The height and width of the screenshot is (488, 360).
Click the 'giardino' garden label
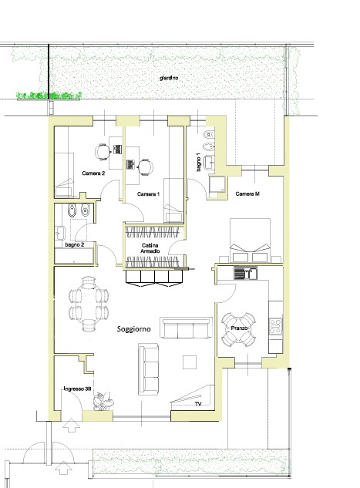pyautogui.click(x=169, y=78)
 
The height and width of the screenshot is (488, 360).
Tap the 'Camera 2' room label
pyautogui.click(x=93, y=173)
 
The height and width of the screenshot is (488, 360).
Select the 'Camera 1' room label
pyautogui.click(x=149, y=194)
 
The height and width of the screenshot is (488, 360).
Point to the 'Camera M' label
pyautogui.click(x=247, y=194)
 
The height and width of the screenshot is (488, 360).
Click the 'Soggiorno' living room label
pyautogui.click(x=134, y=329)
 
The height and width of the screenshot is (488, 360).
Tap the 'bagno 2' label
pyautogui.click(x=75, y=244)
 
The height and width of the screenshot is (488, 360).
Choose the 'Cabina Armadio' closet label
pyautogui.click(x=150, y=248)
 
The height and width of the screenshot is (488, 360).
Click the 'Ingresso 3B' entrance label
pyautogui.click(x=77, y=389)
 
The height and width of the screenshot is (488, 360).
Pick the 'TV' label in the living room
pyautogui.click(x=198, y=404)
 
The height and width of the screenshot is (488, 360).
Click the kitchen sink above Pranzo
pyautogui.click(x=245, y=273)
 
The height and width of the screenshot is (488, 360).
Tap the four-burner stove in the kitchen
pyautogui.click(x=276, y=326)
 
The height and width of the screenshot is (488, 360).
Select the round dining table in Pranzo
pyautogui.click(x=239, y=330)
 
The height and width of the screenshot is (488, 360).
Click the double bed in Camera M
pyautogui.click(x=250, y=241)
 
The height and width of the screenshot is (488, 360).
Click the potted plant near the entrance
pyautogui.click(x=103, y=401)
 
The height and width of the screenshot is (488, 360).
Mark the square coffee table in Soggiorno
pyautogui.click(x=190, y=362)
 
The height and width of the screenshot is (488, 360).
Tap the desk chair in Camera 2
pyautogui.click(x=102, y=152)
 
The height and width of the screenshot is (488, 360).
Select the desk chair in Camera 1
pyautogui.click(x=145, y=167)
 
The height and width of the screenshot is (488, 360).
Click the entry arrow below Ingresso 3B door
pyautogui.click(x=71, y=425)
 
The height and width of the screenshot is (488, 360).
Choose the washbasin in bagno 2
pyautogui.click(x=59, y=233)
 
